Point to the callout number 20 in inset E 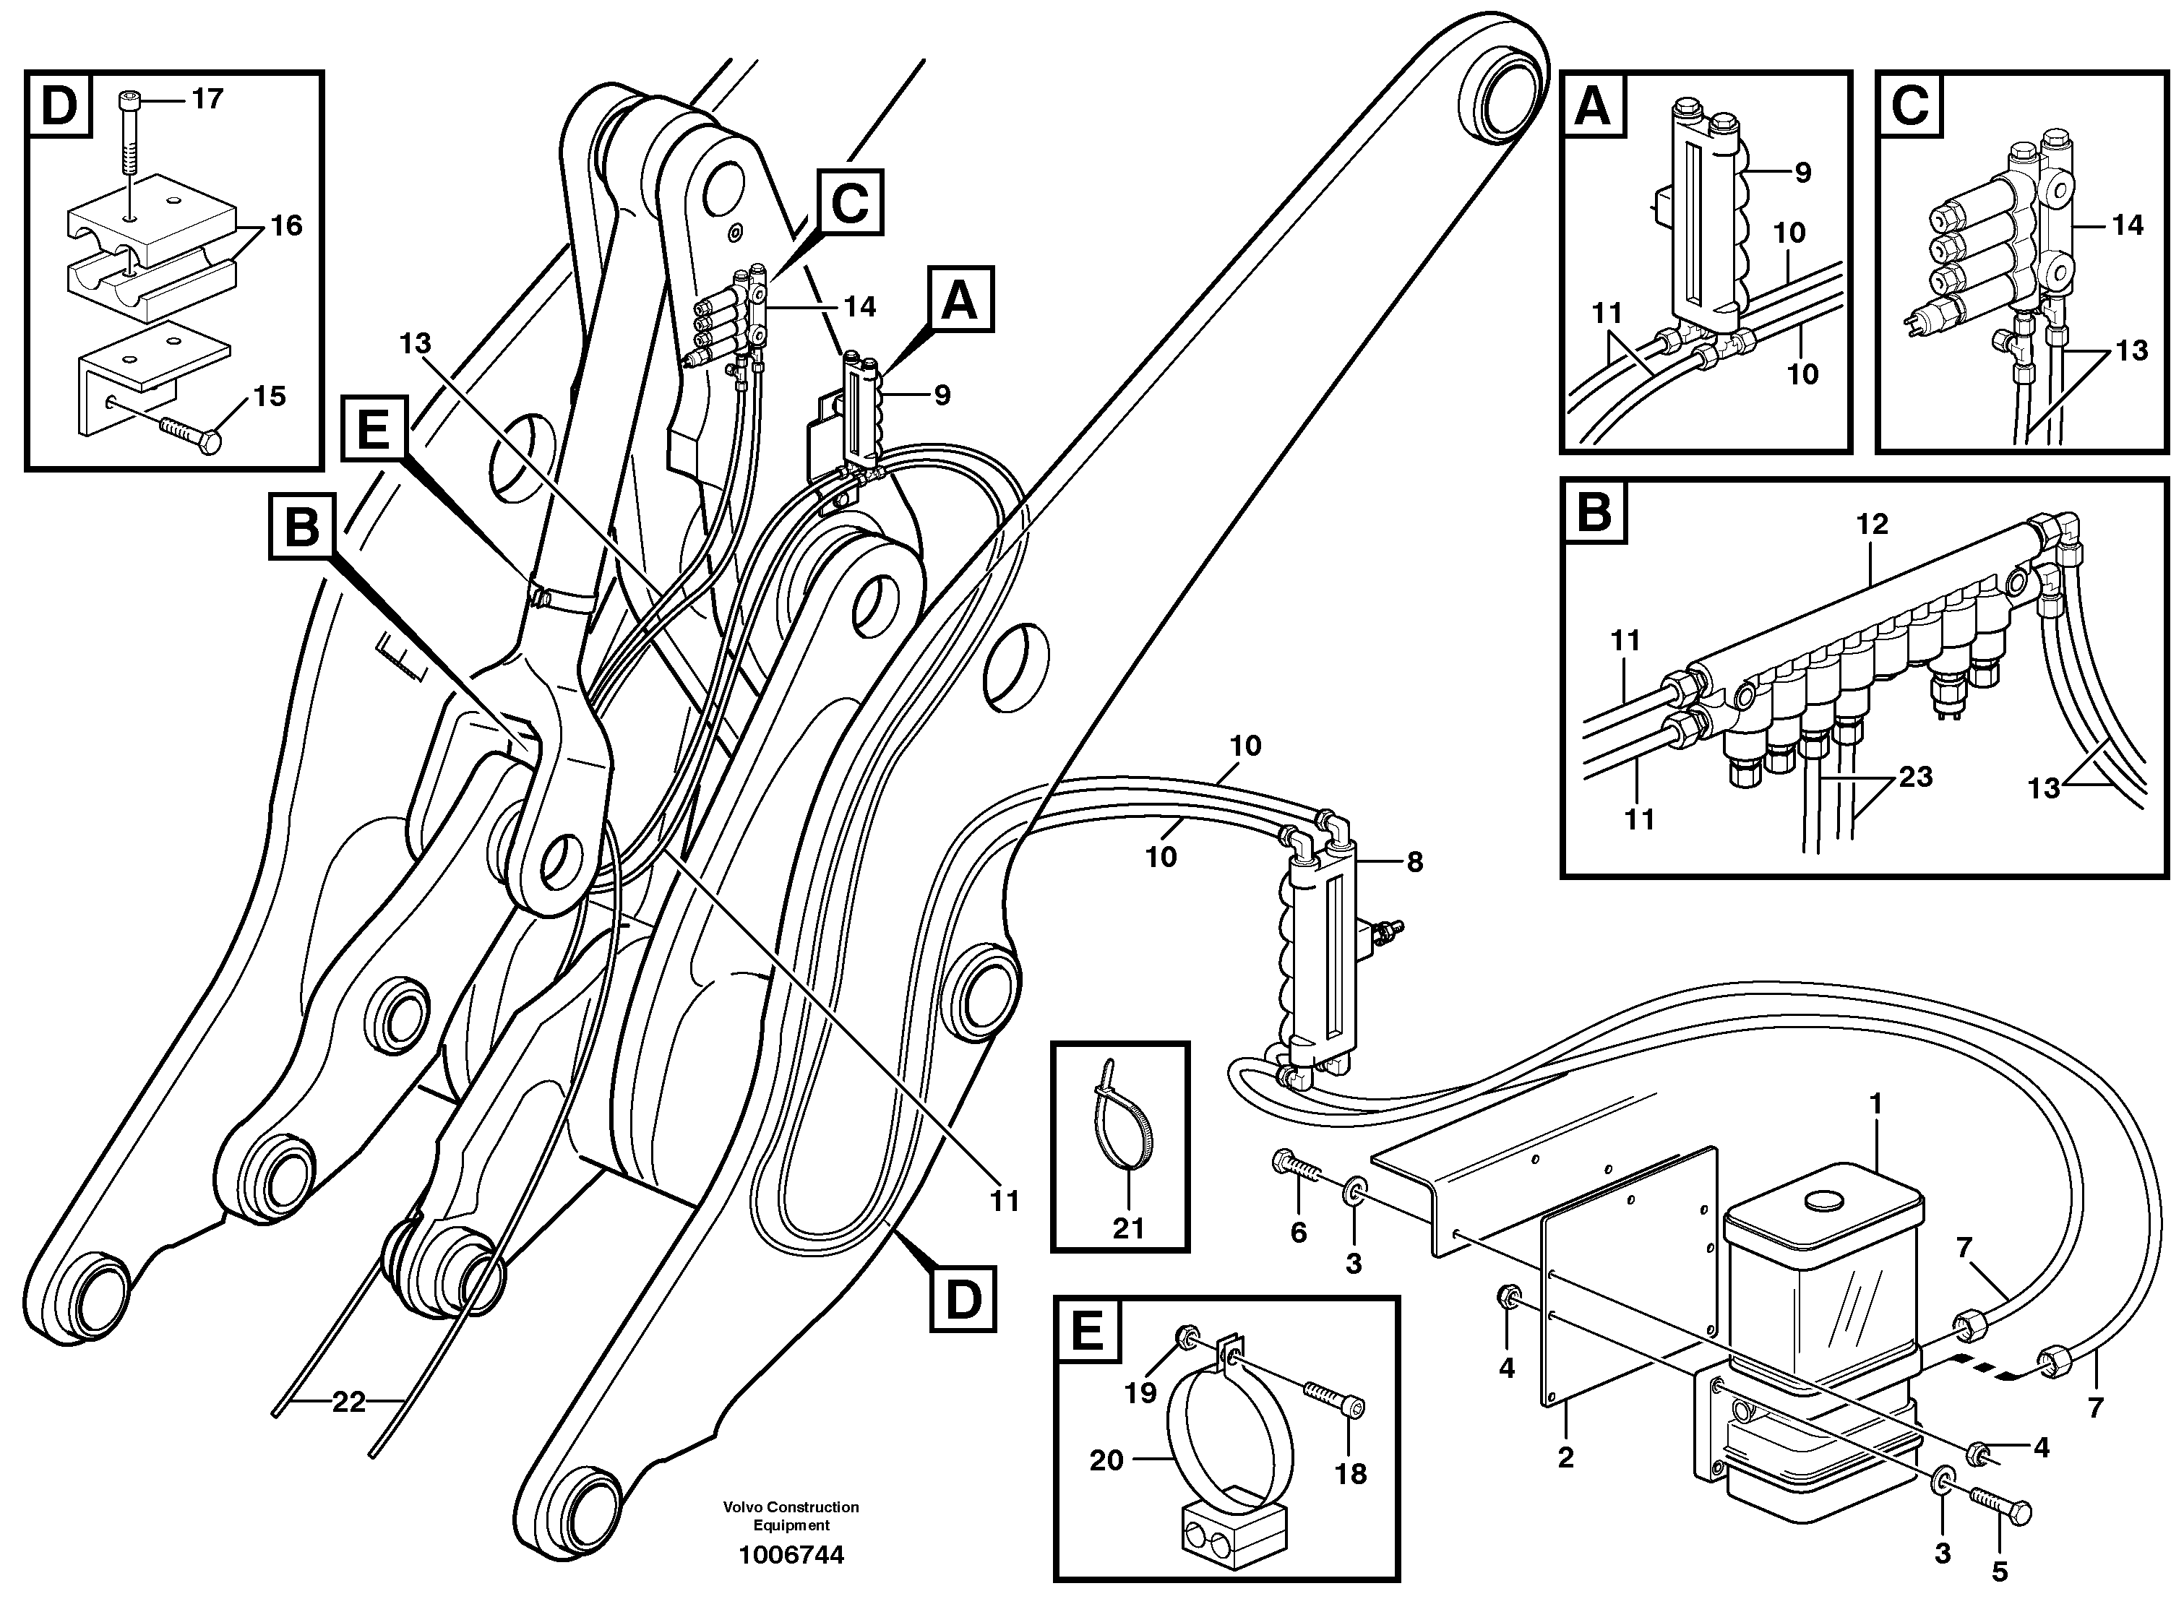1106,1461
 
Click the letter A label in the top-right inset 1594,106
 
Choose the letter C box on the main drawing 850,203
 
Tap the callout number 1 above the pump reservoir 1875,1103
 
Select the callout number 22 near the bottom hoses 348,1402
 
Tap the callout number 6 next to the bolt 1298,1233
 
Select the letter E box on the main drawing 374,428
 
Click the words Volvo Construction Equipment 791,1515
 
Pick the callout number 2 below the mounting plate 1565,1459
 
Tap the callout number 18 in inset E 1351,1475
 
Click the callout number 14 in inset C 2128,225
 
